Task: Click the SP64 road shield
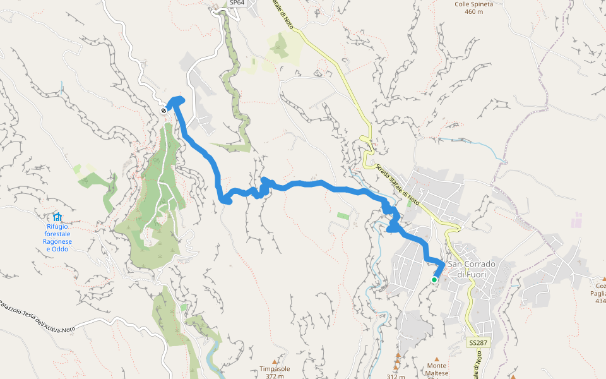pyautogui.click(x=237, y=3)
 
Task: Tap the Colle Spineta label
pyautogui.click(x=473, y=4)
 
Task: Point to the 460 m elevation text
pyautogui.click(x=473, y=11)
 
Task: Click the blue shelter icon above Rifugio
pyautogui.click(x=57, y=217)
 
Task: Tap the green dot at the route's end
pyautogui.click(x=434, y=280)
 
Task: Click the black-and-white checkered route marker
pyautogui.click(x=163, y=111)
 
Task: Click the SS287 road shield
pyautogui.click(x=477, y=342)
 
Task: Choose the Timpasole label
pyautogui.click(x=275, y=369)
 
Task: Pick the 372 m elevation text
pyautogui.click(x=275, y=376)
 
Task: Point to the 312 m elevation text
pyautogui.click(x=395, y=376)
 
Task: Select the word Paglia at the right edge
pyautogui.click(x=597, y=293)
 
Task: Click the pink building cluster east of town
pyautogui.click(x=577, y=220)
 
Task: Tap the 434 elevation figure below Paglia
pyautogui.click(x=600, y=301)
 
